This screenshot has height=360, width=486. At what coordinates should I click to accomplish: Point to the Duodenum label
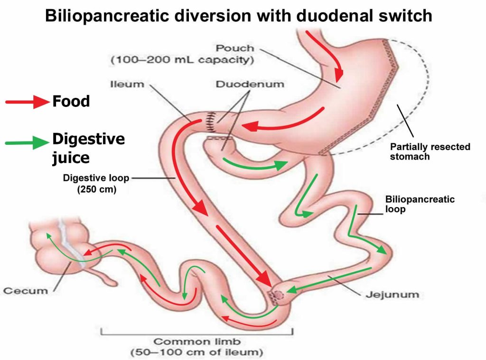coord(250,84)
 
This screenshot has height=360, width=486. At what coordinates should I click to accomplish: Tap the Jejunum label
coord(392,294)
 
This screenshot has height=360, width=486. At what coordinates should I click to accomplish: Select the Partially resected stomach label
coord(430,152)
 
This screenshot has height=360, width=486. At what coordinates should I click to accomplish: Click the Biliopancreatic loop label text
coord(420,204)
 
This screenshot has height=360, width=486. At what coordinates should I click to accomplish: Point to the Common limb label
coord(196,341)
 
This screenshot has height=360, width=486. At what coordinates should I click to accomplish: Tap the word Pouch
coord(235,48)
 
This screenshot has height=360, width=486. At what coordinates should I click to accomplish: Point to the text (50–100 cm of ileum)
coord(196,353)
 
